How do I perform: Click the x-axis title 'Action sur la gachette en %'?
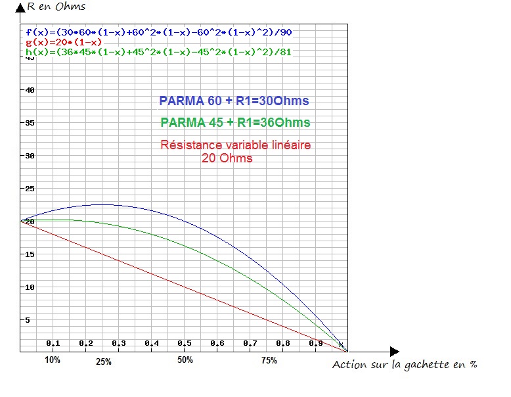point(405,365)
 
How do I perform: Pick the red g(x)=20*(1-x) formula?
point(64,42)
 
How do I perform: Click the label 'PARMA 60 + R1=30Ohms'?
point(234,101)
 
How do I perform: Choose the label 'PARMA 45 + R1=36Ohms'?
point(235,123)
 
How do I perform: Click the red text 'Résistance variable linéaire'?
point(236,145)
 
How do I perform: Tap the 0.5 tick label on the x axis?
point(184,344)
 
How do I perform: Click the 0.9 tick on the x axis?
point(315,344)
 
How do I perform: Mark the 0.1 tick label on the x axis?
point(53,344)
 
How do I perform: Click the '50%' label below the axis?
point(185,360)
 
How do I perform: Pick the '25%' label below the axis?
point(103,362)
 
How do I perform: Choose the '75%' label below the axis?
point(269,360)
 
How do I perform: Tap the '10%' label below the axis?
point(53,360)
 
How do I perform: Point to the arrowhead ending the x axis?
point(394,352)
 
